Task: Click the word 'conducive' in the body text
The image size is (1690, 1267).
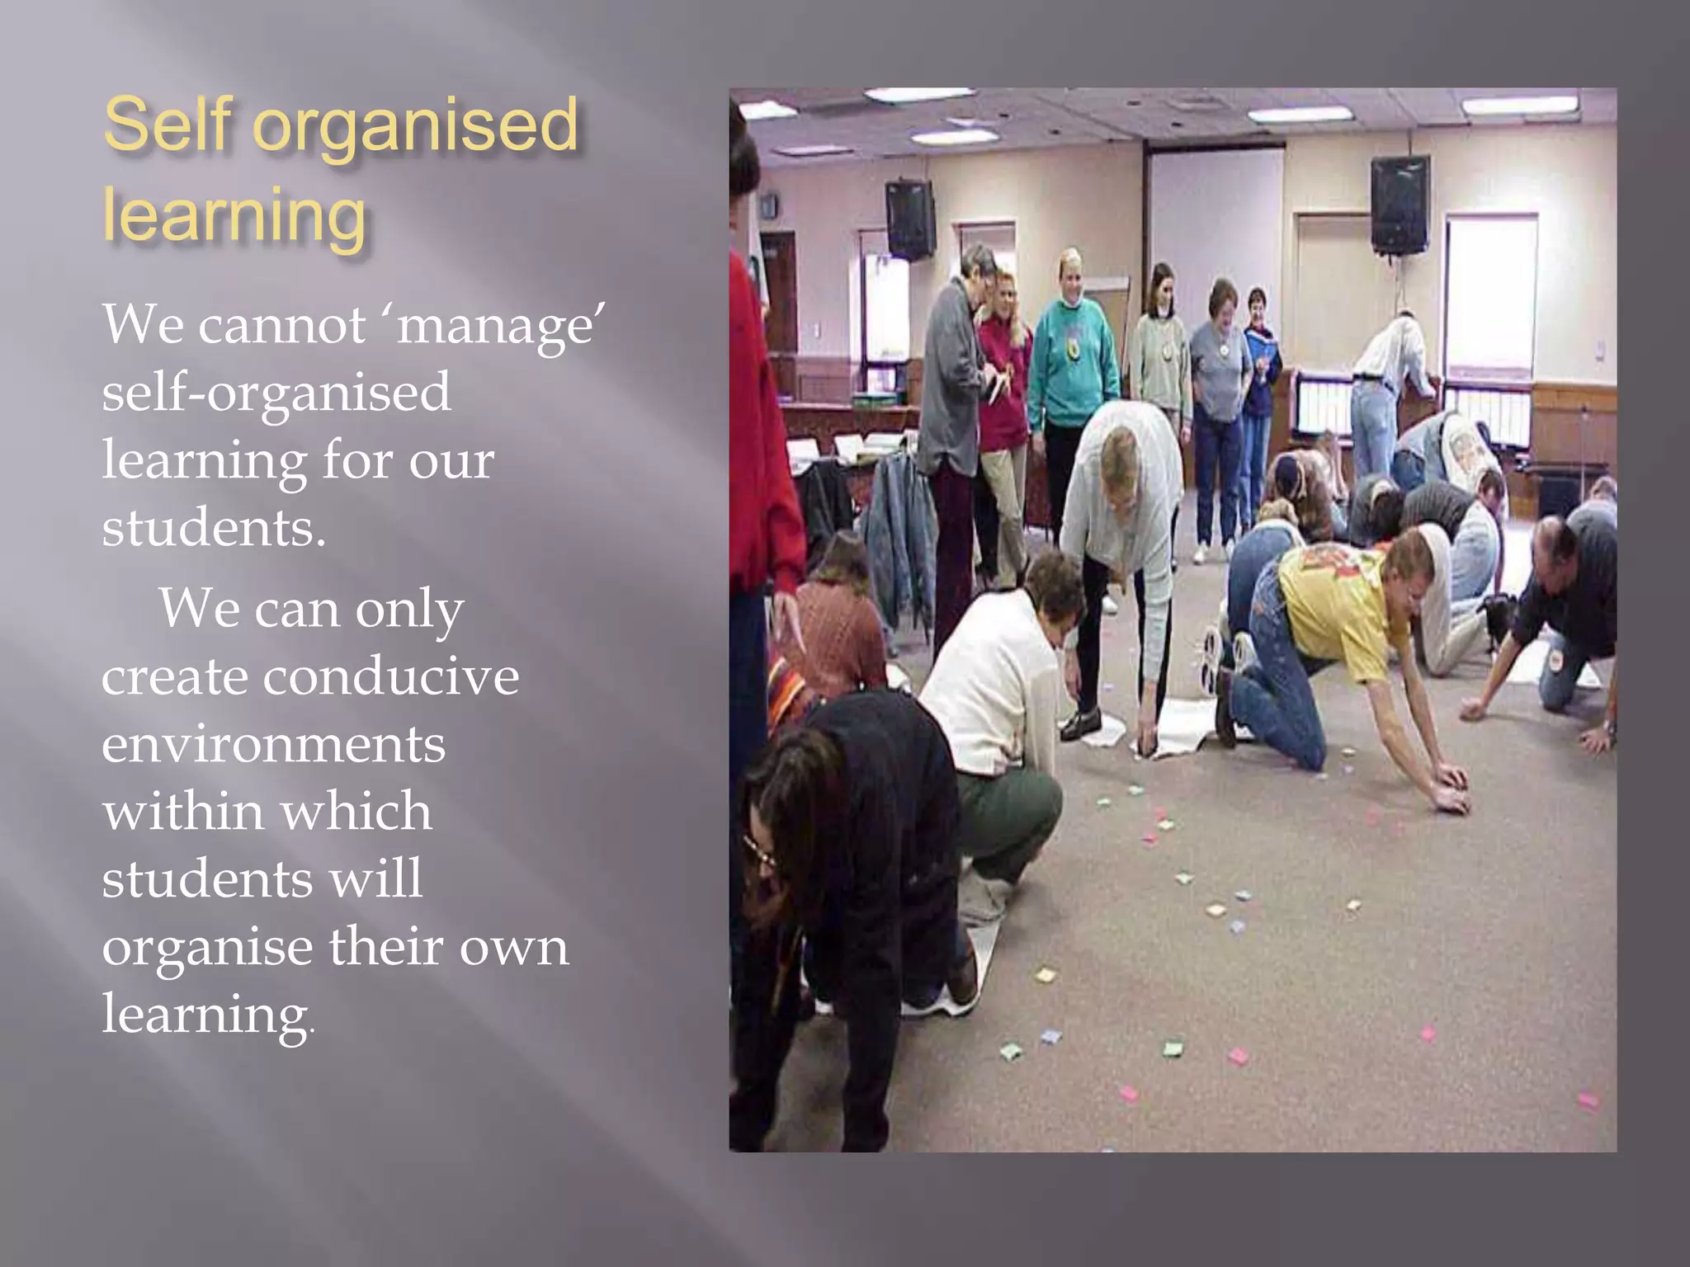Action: click(x=391, y=678)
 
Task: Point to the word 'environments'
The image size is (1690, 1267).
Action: click(x=273, y=745)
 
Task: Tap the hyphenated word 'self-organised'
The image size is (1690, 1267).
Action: click(x=276, y=393)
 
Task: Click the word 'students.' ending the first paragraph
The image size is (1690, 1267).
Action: click(x=214, y=529)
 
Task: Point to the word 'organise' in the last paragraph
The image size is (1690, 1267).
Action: click(x=206, y=949)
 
